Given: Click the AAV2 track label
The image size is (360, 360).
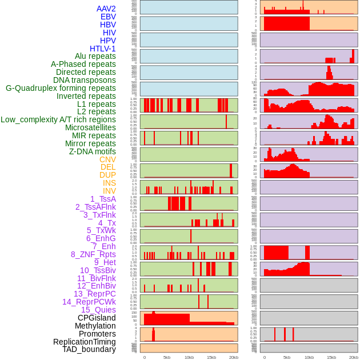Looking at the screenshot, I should tap(106, 9).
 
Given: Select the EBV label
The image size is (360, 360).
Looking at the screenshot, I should tap(108, 17).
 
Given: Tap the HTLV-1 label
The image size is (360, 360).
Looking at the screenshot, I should tap(103, 49).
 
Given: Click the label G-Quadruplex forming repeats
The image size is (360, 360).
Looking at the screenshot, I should tap(61, 88).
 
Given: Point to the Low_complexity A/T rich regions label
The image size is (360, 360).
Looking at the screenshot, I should tap(58, 119).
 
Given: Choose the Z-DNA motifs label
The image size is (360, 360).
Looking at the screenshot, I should tap(93, 151).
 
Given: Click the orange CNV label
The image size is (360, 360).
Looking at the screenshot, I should tap(107, 159).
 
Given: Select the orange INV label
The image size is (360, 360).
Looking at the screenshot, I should tap(109, 191).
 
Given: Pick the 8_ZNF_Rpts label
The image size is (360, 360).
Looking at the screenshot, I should tap(93, 254).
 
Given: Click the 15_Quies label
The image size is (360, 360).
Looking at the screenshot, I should tap(98, 310).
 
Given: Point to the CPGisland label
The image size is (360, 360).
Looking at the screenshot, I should tap(97, 318).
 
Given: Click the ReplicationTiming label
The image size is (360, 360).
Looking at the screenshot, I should tap(85, 342).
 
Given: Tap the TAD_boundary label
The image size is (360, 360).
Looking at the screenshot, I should tap(89, 349).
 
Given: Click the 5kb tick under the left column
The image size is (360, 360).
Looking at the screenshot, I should tap(167, 357).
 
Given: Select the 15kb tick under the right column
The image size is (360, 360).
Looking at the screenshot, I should tap(331, 357).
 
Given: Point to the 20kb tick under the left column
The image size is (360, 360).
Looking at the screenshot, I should tap(234, 357).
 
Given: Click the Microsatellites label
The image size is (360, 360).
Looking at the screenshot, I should tap(90, 127).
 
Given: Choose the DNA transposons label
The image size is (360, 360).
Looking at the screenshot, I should tap(85, 80).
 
